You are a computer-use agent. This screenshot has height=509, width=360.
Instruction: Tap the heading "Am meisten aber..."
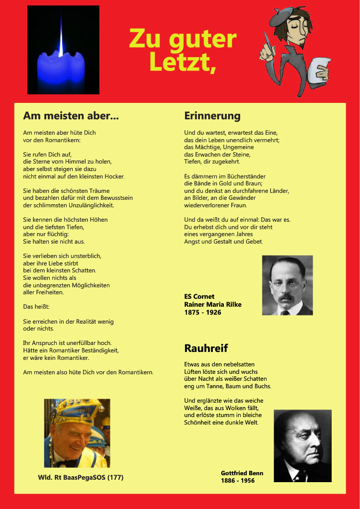(x=71, y=116)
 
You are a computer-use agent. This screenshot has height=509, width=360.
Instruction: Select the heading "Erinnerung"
(x=212, y=116)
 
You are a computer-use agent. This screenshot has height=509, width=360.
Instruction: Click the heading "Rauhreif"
(x=206, y=348)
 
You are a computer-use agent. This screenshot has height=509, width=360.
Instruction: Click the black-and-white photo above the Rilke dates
(x=287, y=285)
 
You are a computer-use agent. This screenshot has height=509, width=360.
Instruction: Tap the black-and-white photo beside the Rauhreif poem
(x=302, y=445)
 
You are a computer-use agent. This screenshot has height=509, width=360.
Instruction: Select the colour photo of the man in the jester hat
(x=77, y=433)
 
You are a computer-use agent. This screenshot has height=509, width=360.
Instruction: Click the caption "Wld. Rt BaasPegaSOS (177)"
(x=81, y=478)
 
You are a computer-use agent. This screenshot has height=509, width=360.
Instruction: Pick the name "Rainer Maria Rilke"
(x=212, y=304)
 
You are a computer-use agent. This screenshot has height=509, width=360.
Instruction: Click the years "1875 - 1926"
(x=202, y=312)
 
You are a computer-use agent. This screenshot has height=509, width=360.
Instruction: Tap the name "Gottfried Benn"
(x=242, y=473)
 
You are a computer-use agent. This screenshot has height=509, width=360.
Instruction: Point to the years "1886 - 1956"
(x=238, y=481)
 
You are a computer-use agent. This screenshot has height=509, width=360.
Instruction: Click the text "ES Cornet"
(x=199, y=297)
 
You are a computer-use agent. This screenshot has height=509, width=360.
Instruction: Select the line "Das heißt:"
(x=36, y=307)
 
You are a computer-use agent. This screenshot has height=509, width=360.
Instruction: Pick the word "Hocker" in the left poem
(x=114, y=176)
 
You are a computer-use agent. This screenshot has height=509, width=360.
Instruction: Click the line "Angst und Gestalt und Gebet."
(x=223, y=242)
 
